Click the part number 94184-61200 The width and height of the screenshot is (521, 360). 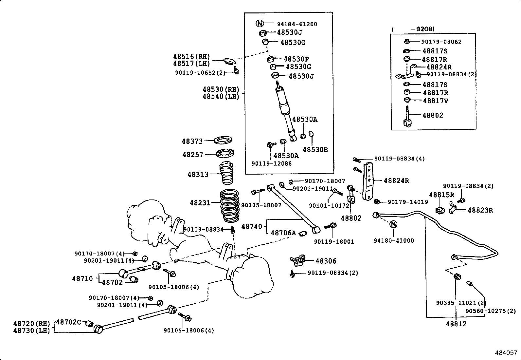297,24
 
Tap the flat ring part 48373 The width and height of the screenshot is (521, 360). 223,141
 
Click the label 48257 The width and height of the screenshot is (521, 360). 193,154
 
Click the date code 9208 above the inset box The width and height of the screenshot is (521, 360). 424,29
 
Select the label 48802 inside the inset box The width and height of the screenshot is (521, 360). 433,115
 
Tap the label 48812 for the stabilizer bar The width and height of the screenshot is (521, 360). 456,324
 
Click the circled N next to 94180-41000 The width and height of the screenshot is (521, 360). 394,224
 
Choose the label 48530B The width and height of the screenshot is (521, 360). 315,150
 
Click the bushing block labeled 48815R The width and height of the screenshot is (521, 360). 440,210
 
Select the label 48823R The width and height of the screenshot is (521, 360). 480,210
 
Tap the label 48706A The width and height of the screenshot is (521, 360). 283,233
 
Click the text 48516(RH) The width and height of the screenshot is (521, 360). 191,56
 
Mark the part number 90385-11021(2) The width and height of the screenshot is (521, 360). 461,303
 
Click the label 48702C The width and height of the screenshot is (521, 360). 68,322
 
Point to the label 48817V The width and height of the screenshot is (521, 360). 435,101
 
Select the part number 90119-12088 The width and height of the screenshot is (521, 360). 271,163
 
